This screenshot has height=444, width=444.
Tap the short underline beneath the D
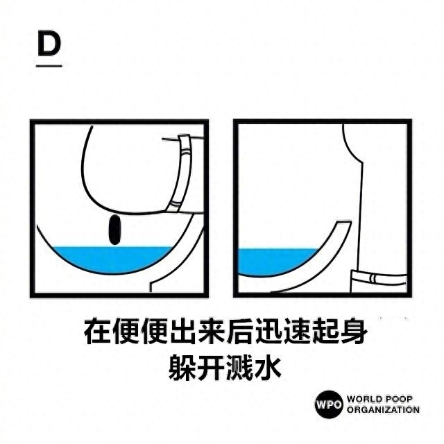(49, 66)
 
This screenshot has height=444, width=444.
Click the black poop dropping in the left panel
(114, 230)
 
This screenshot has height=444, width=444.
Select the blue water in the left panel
(112, 259)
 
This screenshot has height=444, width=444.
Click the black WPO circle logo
(329, 404)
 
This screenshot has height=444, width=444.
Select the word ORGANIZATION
(384, 410)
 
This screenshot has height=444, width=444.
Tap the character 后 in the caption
(239, 332)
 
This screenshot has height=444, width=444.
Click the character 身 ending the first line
(352, 332)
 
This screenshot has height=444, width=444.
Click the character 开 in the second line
(211, 367)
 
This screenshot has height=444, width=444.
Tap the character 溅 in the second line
(239, 367)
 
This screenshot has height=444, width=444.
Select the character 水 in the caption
(268, 367)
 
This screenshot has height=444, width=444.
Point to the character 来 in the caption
(211, 332)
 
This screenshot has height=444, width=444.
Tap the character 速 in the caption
(296, 332)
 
